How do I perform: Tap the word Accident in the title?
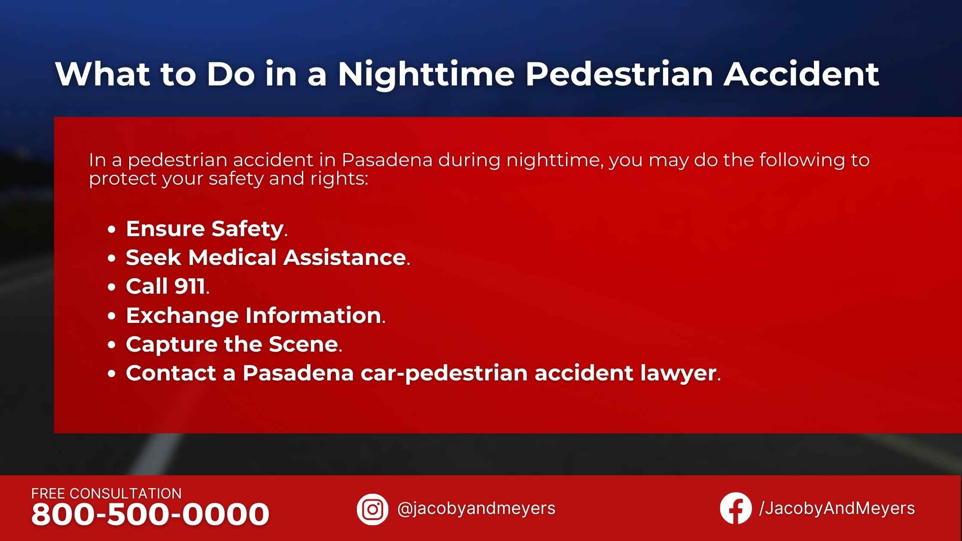pos(801,74)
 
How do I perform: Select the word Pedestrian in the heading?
pos(619,74)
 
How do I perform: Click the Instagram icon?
pos(372,509)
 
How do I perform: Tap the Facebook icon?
pos(736,508)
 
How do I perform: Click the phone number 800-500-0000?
pos(150,514)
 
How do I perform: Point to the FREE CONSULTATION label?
pos(107,494)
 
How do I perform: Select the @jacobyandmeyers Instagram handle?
pos(476,509)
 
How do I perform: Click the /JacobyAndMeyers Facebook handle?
pos(837,508)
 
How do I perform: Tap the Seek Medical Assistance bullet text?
pos(266,258)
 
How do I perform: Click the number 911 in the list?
pos(190,286)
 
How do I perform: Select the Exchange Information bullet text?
pos(253,316)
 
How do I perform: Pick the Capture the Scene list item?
pos(232,344)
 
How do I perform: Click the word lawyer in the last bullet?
pos(679,374)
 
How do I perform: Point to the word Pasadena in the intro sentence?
pos(387,160)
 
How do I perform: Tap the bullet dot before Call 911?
pos(112,287)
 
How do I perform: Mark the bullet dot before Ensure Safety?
pos(112,230)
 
